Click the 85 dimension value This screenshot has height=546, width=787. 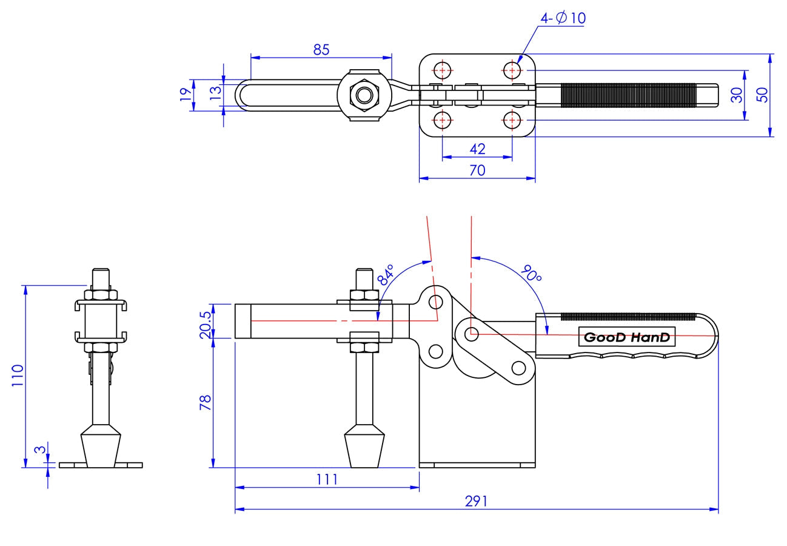pyautogui.click(x=321, y=50)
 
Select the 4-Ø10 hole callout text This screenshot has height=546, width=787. pyautogui.click(x=563, y=18)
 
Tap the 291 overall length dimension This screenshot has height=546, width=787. pyautogui.click(x=476, y=501)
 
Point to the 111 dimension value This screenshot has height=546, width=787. pyautogui.click(x=327, y=479)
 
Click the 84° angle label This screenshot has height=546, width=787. pyautogui.click(x=386, y=274)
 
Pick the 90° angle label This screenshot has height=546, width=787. pyautogui.click(x=531, y=275)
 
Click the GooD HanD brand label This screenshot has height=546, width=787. pyautogui.click(x=627, y=337)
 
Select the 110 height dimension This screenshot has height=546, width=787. pyautogui.click(x=17, y=376)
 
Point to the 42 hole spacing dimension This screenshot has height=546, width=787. pyautogui.click(x=477, y=149)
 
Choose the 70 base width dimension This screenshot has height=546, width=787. pyautogui.click(x=477, y=170)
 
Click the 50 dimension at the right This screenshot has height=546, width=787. pyautogui.click(x=762, y=95)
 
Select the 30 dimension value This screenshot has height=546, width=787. pyautogui.click(x=737, y=95)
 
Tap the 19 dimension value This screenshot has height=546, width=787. pyautogui.click(x=185, y=95)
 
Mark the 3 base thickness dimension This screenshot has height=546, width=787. pyautogui.click(x=39, y=450)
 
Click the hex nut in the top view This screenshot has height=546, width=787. pyautogui.click(x=364, y=95)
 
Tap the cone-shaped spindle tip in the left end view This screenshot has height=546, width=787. pyautogui.click(x=101, y=448)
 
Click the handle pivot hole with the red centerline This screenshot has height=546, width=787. pyautogui.click(x=472, y=334)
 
